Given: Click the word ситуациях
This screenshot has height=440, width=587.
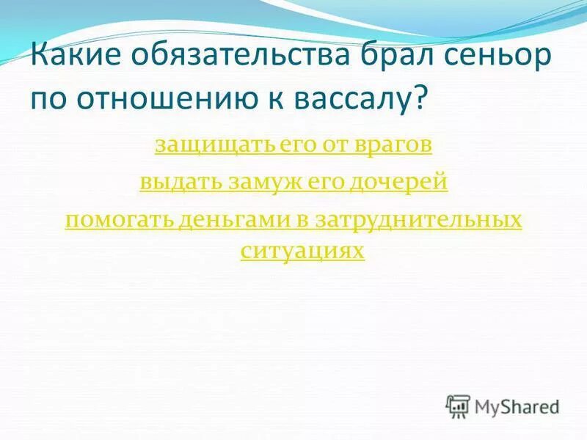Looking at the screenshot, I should (302, 251).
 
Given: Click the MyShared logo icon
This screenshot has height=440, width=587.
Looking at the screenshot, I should (458, 406).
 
